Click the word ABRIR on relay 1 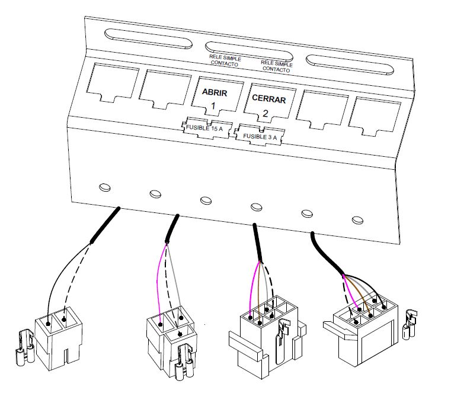[214, 93]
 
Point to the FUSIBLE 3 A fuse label [258, 135]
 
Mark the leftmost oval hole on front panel [104, 188]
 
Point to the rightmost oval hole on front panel [357, 219]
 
